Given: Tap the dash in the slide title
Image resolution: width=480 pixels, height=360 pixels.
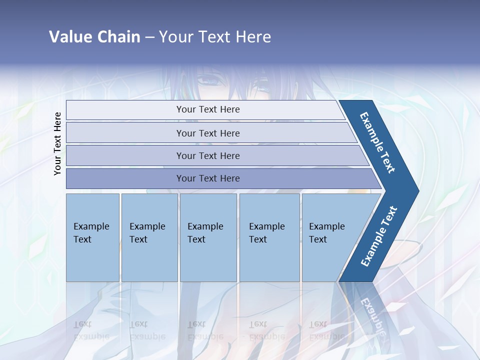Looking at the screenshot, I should coord(149,37).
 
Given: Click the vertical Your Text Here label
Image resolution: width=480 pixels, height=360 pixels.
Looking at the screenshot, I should coord(57,143).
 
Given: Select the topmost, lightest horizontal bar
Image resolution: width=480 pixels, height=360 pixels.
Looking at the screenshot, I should coord(207,110).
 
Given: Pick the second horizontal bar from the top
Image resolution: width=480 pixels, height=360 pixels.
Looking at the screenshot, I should coord(207,133).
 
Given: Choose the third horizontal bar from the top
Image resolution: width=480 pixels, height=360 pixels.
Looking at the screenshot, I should coord(207,156).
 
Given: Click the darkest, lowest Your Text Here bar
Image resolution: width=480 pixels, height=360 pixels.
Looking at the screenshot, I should coord(207,178).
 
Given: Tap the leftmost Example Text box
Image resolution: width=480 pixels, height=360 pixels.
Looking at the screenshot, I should coord(92,237).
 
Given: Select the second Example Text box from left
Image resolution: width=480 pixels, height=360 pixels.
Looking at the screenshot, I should coord(149,237).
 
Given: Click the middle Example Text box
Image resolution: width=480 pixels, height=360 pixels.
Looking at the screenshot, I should coord(208,237).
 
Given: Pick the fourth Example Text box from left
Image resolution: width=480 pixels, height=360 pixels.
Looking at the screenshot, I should coord(269,237).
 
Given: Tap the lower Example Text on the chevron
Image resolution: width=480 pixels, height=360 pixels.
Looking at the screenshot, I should coord(379,236).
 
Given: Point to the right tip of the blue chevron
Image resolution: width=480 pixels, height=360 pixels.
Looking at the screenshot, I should coord(417,191).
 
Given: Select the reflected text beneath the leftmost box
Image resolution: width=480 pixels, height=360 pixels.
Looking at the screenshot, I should coord(91,330).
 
